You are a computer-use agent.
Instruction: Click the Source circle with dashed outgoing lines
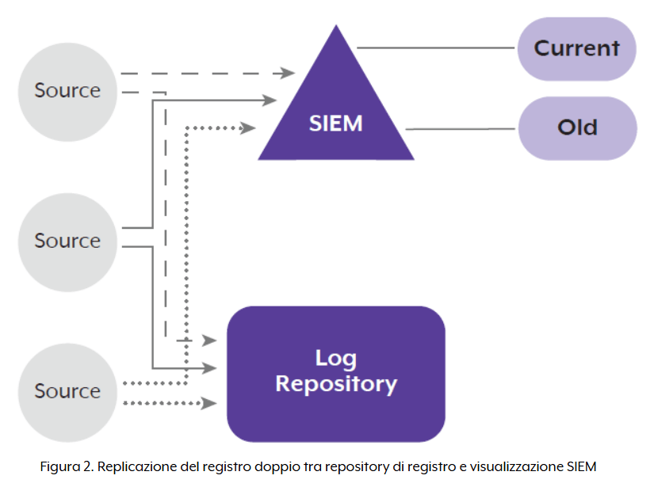(67, 91)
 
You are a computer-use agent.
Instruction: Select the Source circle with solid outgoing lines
(67, 241)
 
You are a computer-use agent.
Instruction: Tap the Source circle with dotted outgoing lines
(67, 391)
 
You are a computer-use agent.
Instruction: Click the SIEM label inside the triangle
(335, 124)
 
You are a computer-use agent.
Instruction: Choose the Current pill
(576, 48)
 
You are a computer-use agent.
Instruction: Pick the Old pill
(576, 127)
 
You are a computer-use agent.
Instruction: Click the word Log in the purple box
(336, 358)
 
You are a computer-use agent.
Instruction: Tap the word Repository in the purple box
(336, 384)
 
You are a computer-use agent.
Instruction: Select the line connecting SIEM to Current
(436, 48)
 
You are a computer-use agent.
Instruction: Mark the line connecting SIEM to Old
(460, 128)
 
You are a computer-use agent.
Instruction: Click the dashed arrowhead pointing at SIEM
(289, 74)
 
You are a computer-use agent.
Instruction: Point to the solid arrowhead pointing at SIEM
(270, 100)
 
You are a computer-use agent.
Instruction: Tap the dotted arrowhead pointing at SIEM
(249, 127)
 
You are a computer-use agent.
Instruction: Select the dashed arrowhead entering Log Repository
(210, 340)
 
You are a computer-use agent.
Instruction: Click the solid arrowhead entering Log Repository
(210, 368)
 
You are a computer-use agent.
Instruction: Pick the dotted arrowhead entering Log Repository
(210, 403)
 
